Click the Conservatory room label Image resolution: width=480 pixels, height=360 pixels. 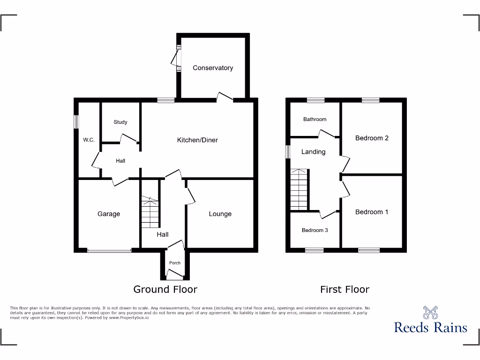213,68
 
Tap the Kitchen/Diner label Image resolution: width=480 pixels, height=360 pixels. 197,140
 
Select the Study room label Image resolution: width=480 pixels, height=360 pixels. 120,122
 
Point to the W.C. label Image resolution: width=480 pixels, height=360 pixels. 89,140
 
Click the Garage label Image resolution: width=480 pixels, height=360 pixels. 109,214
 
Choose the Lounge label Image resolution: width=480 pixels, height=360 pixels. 220,214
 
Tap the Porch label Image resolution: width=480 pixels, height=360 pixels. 175,263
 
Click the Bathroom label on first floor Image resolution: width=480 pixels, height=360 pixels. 315,120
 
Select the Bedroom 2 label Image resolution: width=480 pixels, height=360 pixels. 372,138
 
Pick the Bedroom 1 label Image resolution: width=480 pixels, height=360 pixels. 372,212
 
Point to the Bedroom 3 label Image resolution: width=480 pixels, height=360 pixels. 315,230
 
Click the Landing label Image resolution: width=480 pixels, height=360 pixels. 313,152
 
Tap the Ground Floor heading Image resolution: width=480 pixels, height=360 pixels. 165,289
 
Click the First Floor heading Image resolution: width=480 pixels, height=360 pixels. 345,289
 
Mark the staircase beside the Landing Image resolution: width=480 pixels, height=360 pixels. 299,189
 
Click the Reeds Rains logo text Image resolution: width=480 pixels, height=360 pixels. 430,327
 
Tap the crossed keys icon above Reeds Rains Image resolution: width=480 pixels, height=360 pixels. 430,312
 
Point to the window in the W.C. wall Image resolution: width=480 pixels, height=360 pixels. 75,121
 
